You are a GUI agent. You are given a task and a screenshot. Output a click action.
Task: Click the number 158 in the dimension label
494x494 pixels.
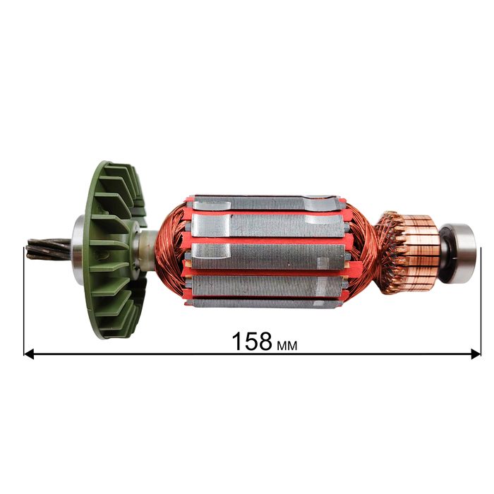[x=252, y=342]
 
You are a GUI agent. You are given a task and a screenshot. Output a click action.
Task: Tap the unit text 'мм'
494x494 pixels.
[x=287, y=346]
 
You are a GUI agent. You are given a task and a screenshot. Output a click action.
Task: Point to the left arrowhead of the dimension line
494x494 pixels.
[x=29, y=354]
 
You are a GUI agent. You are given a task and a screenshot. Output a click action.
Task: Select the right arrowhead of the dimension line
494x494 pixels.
[x=476, y=354]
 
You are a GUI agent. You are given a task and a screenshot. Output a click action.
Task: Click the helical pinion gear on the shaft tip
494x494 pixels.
[x=48, y=249]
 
